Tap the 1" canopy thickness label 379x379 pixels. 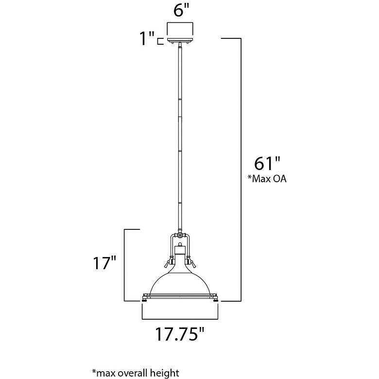(x=146, y=38)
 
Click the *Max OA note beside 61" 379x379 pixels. (x=267, y=179)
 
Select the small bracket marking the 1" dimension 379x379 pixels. (x=159, y=42)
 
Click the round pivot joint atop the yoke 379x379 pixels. (x=180, y=235)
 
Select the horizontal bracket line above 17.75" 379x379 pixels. (x=180, y=319)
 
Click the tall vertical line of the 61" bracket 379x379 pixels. (x=241, y=170)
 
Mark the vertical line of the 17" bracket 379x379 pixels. (x=125, y=265)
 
